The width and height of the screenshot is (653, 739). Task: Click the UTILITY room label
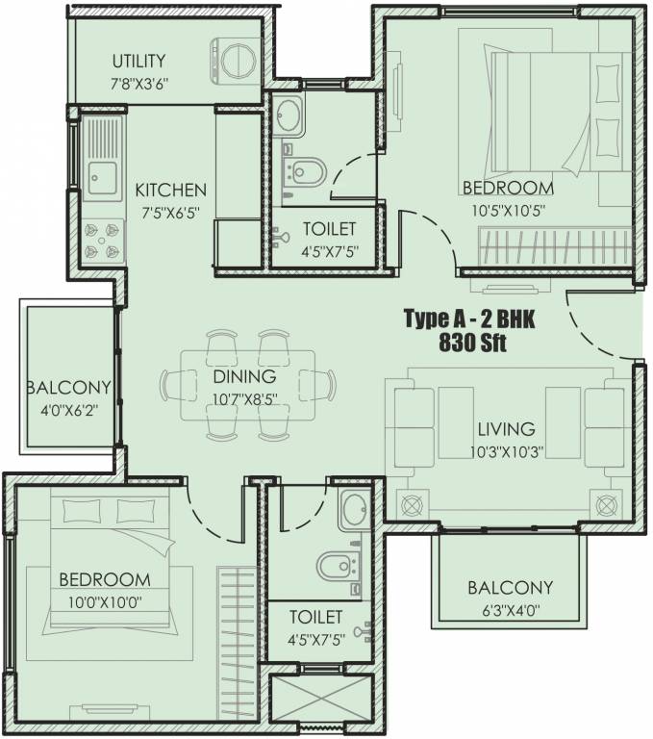tap(139, 61)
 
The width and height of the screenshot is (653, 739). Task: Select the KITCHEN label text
tap(170, 191)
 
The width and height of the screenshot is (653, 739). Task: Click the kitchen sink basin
tap(102, 178)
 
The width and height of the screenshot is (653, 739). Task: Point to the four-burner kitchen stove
tap(102, 241)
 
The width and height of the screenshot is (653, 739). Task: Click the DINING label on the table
tap(244, 376)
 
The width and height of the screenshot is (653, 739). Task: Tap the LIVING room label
tap(507, 429)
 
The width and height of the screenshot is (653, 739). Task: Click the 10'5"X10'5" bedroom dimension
tap(509, 210)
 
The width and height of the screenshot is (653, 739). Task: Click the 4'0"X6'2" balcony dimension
tap(70, 408)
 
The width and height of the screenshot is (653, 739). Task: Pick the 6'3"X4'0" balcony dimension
tap(511, 611)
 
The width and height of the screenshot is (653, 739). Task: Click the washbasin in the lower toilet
tap(355, 509)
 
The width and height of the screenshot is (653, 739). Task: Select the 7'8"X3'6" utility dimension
tap(139, 85)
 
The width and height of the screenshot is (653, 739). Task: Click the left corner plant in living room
tap(412, 505)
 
